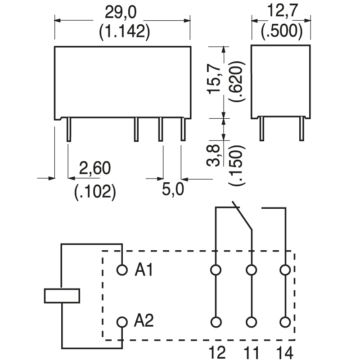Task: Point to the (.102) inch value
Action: click(x=94, y=191)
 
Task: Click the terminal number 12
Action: click(x=216, y=352)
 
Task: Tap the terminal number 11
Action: click(x=252, y=352)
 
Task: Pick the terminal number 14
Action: click(x=284, y=352)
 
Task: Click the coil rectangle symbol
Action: click(x=62, y=296)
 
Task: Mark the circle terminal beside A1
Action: click(x=121, y=270)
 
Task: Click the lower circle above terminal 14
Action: click(x=284, y=322)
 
